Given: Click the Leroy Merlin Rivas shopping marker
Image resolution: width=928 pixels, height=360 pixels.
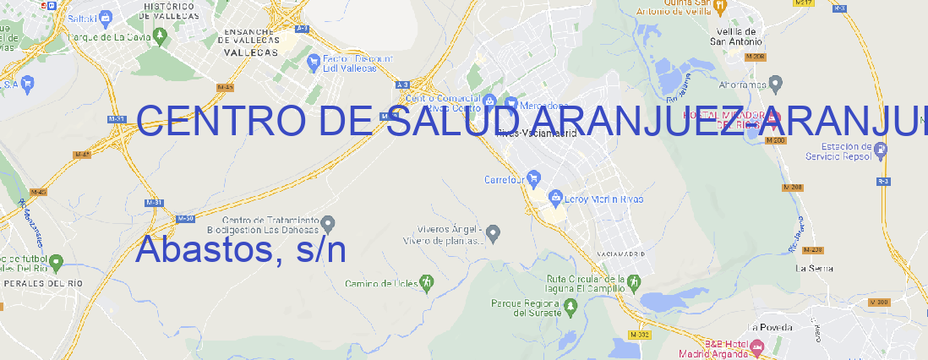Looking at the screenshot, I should click(x=555, y=199).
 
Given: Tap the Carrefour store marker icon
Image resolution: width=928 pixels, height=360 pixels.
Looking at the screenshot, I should click(x=534, y=178).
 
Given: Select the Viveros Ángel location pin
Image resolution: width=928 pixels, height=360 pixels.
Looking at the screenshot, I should click(x=495, y=232).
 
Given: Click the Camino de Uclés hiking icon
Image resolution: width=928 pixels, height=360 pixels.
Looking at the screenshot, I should click(x=427, y=282).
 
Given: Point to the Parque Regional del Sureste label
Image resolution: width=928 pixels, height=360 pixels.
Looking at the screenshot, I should click(x=525, y=308).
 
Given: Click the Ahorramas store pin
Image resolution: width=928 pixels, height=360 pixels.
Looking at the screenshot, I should click(x=776, y=83).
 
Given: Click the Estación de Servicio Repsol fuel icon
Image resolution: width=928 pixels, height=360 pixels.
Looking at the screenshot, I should click(x=882, y=150).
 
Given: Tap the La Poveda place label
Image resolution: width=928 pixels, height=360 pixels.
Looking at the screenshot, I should click(x=771, y=327).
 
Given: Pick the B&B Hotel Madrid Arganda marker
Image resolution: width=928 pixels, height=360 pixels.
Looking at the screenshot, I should click(x=756, y=346).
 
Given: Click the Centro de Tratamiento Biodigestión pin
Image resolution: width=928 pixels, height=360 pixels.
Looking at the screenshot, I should click(x=329, y=223).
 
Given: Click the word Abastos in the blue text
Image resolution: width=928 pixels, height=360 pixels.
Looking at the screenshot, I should click(x=202, y=249).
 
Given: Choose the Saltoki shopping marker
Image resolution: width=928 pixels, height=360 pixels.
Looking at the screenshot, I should click(x=106, y=16).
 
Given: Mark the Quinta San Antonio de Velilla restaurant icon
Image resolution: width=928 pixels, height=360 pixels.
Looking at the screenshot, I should click(x=719, y=6).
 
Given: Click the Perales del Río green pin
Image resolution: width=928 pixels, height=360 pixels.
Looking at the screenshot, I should click(x=56, y=262).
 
